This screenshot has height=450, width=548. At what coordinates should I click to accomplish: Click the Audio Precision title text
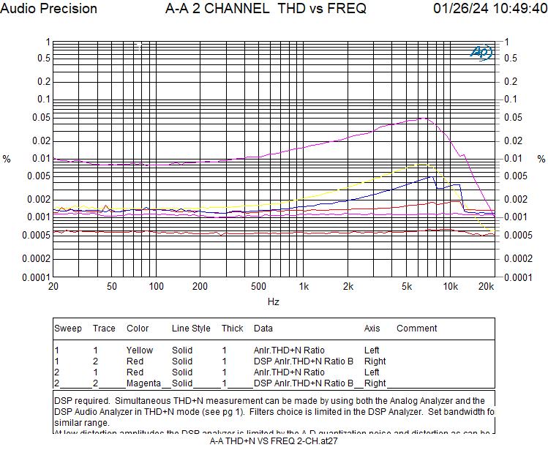click(x=49, y=9)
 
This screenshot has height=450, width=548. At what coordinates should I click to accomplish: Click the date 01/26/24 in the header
click(x=459, y=9)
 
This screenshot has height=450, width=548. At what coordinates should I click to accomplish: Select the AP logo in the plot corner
click(x=481, y=52)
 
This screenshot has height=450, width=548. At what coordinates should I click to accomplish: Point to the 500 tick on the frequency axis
click(x=258, y=286)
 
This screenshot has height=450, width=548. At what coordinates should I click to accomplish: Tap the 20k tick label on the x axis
click(x=486, y=286)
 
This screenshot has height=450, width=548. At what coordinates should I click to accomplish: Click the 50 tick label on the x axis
click(x=112, y=286)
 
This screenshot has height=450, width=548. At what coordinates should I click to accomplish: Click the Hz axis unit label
click(x=273, y=301)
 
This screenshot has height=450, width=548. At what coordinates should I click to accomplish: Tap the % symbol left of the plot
click(x=7, y=159)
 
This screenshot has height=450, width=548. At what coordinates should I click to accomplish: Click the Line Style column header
click(x=191, y=329)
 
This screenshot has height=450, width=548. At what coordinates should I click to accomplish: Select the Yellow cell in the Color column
click(x=140, y=350)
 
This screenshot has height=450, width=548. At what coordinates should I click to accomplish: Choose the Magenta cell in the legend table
click(x=143, y=383)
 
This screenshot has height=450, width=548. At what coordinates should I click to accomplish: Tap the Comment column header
click(x=416, y=329)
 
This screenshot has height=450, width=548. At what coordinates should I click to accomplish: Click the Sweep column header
click(x=68, y=329)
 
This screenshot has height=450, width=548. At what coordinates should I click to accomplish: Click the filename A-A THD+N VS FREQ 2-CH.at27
click(x=274, y=440)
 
